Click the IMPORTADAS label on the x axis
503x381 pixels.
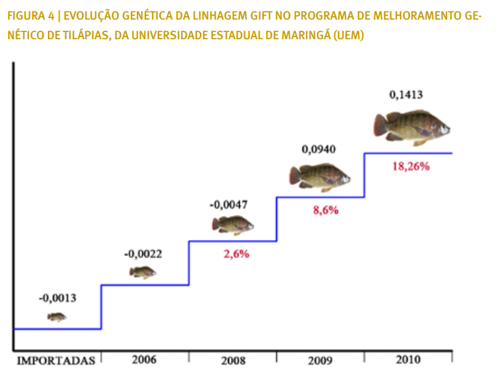click(x=56, y=360)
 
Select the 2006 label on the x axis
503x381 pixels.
click(x=145, y=360)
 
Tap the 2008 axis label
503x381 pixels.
click(x=233, y=361)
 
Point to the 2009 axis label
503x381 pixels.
click(x=320, y=360)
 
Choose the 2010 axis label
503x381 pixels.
click(x=408, y=360)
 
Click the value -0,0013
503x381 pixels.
click(x=57, y=298)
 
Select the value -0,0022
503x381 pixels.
click(x=143, y=254)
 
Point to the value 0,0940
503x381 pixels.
click(x=319, y=150)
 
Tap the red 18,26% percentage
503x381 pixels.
click(x=411, y=166)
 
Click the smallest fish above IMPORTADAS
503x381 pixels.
click(x=57, y=317)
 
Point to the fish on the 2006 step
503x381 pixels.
click(x=142, y=272)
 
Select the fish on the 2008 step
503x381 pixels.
click(x=233, y=225)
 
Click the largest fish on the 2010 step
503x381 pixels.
click(x=411, y=127)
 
